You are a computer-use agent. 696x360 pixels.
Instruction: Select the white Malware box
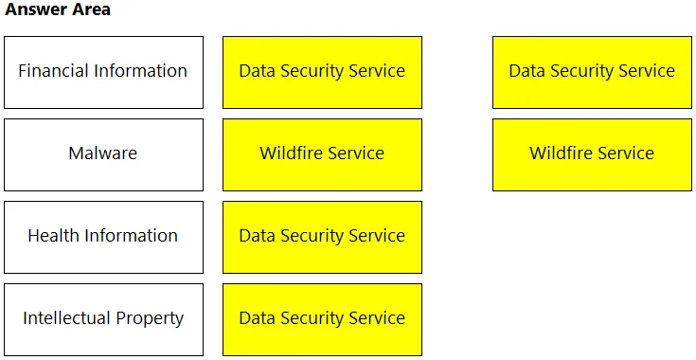click(103, 154)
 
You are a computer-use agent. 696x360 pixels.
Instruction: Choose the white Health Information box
click(103, 237)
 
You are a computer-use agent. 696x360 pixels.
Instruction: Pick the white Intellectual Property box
click(103, 319)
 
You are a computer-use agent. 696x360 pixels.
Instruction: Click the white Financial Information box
click(103, 72)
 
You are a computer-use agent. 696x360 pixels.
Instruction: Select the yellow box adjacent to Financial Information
click(322, 72)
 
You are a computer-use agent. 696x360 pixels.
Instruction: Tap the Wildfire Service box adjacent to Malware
click(322, 154)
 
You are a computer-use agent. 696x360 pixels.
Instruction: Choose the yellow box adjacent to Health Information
click(322, 237)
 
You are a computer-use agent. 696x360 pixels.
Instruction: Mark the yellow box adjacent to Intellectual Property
click(322, 319)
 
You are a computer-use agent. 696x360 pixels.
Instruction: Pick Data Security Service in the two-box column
click(592, 72)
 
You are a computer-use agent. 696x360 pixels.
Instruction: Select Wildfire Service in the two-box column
click(592, 154)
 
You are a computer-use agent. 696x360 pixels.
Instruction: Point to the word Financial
click(50, 71)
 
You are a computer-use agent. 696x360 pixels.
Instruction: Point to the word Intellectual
click(67, 317)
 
